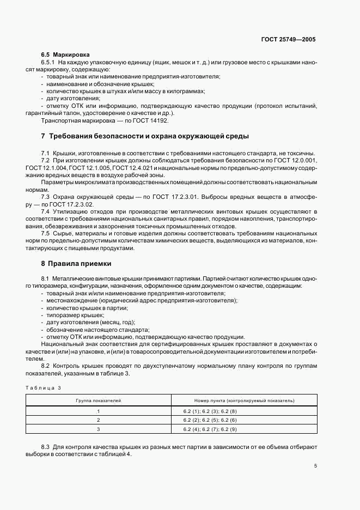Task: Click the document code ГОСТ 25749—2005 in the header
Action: click(288, 39)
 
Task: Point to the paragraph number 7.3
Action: click(45, 196)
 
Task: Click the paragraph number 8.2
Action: click(45, 366)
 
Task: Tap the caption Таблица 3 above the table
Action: click(44, 387)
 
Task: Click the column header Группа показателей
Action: click(99, 400)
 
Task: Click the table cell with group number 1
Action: click(99, 411)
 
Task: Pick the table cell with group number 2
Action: click(99, 420)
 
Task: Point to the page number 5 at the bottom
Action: click(315, 466)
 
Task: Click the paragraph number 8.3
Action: click(45, 447)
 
